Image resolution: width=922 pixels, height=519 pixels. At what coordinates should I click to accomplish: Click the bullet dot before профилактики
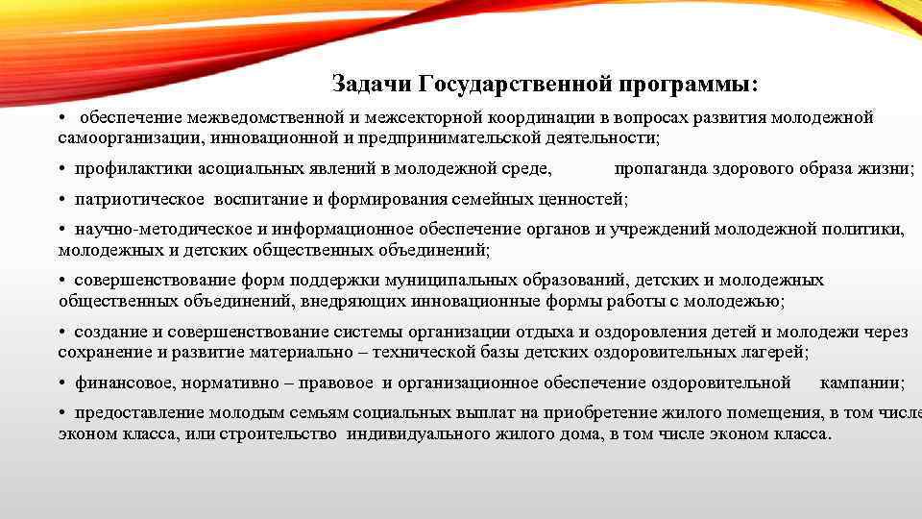(x=61, y=169)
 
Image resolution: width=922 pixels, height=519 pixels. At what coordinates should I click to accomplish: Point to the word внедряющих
(x=349, y=300)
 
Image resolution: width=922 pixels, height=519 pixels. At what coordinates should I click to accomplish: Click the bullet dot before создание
(x=61, y=333)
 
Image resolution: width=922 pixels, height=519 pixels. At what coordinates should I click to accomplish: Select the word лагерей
(x=775, y=352)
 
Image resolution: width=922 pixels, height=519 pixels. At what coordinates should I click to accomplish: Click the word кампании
(x=861, y=383)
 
